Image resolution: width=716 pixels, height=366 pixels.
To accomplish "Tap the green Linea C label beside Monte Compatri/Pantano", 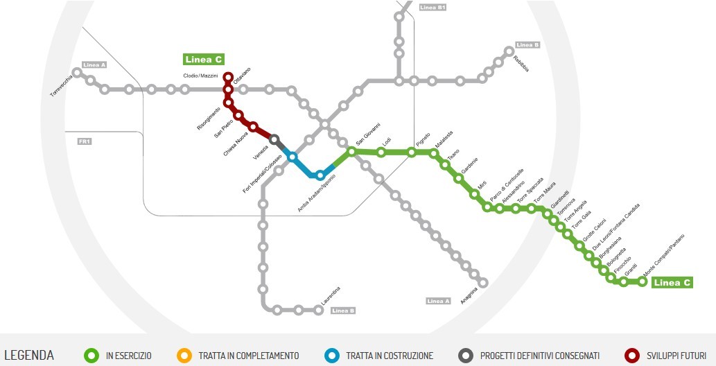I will point(672,283).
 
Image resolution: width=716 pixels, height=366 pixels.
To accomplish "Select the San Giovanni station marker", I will point(352,151).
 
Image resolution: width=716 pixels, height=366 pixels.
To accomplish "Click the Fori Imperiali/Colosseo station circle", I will point(292,157).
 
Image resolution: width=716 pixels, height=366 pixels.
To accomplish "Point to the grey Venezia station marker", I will point(274,139).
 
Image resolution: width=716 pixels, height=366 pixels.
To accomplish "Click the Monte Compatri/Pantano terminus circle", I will point(643,281).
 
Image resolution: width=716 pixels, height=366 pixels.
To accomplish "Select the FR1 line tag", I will point(86,141).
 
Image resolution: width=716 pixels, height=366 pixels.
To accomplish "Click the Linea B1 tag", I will point(432,8).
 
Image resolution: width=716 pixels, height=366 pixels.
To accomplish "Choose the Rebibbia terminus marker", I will point(509,51).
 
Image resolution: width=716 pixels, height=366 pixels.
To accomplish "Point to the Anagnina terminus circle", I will point(483,282).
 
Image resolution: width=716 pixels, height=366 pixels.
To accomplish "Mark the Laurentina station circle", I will point(319,310).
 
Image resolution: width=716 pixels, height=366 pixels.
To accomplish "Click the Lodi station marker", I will point(381,152).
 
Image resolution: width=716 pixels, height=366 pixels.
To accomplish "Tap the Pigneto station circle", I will point(412,152).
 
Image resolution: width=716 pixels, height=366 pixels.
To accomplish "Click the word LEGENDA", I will point(29,356).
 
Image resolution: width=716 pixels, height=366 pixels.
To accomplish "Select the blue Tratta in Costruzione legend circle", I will point(333,356).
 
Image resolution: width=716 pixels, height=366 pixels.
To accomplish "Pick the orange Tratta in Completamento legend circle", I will point(184,356).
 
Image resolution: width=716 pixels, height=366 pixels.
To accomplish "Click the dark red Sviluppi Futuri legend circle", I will point(631,356).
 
